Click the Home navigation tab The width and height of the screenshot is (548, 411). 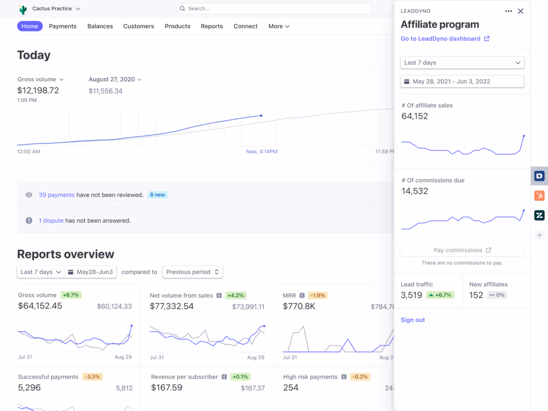click(30, 26)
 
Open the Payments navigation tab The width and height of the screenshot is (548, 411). click(63, 26)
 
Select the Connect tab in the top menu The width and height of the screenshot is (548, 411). click(246, 26)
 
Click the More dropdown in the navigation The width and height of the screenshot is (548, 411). click(279, 26)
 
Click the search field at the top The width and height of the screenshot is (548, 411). click(273, 9)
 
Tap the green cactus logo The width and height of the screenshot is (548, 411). click(22, 9)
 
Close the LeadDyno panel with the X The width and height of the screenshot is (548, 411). click(520, 11)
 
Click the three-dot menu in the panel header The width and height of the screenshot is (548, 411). click(508, 11)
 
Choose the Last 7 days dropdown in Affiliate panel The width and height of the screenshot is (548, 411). click(462, 63)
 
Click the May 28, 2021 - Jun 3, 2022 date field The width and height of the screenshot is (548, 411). click(462, 81)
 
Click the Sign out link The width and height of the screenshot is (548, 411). click(413, 320)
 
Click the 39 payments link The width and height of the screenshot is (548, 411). click(57, 195)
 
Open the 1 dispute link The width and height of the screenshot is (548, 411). click(51, 220)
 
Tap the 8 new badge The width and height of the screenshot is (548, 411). click(157, 195)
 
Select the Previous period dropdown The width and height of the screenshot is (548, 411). click(193, 272)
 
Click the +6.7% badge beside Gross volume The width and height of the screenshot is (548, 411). click(71, 295)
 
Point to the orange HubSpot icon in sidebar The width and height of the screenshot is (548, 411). click(539, 195)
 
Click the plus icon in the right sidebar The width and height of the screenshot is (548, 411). click(539, 235)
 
